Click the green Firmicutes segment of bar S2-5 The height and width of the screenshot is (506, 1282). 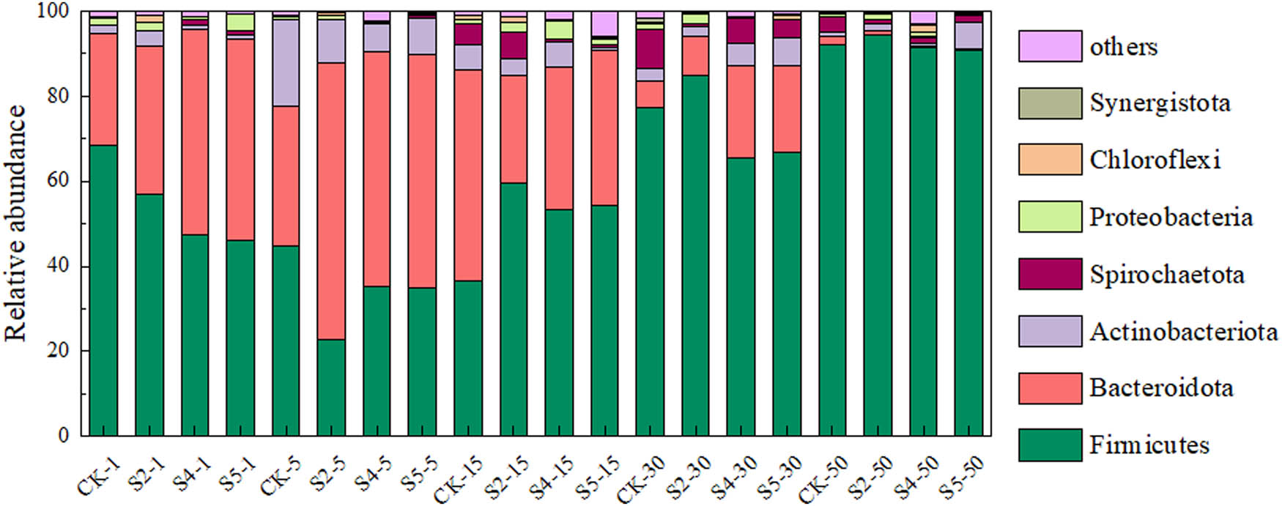331,387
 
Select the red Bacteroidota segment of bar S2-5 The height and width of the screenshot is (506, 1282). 331,201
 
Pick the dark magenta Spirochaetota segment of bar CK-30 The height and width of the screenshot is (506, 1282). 650,49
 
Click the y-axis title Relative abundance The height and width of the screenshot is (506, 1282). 16,223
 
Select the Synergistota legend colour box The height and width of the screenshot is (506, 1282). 1049,103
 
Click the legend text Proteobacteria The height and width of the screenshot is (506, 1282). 1171,217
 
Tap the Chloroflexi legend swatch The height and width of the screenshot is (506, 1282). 1049,160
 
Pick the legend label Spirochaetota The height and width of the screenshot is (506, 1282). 1166,274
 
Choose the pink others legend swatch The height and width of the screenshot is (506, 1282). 1049,46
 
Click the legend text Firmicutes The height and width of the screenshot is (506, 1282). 1149,444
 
